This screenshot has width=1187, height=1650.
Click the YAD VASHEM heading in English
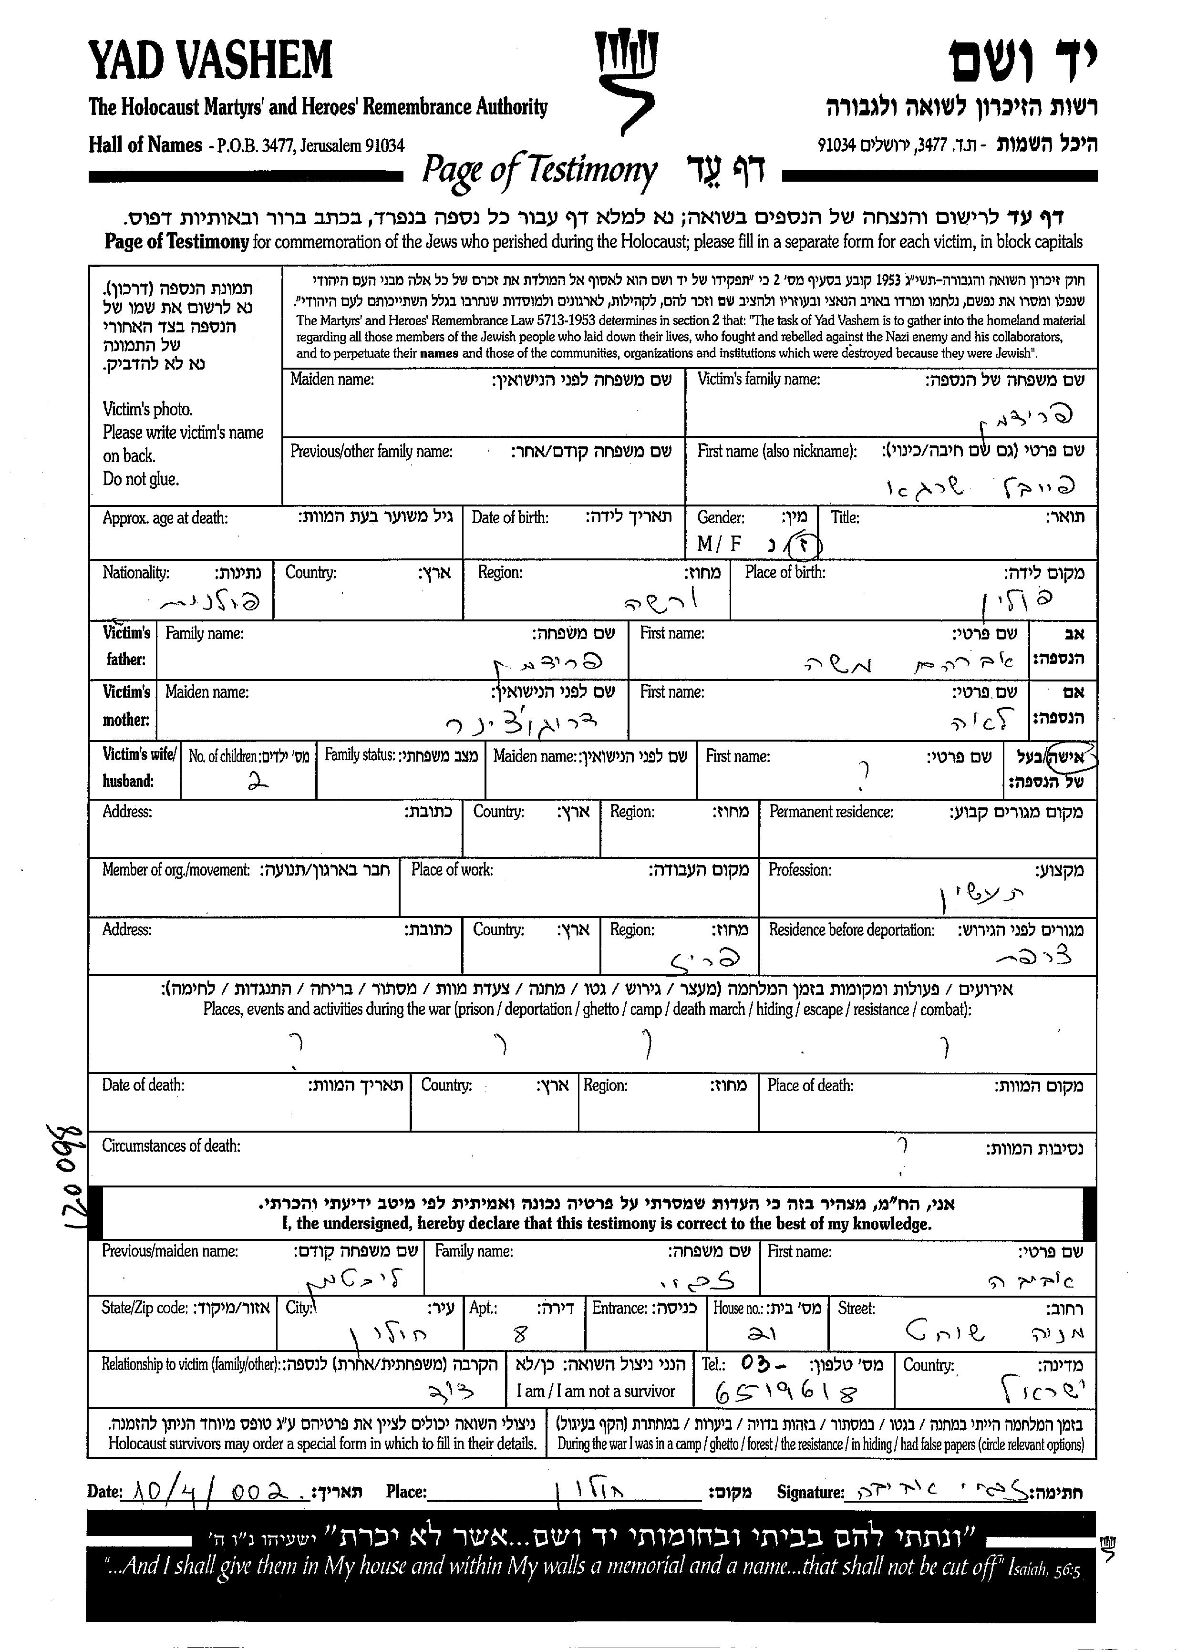tap(210, 61)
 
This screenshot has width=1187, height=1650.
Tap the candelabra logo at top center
tap(624, 80)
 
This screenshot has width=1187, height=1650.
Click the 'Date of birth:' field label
tap(510, 518)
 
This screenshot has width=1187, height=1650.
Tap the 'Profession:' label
tap(800, 870)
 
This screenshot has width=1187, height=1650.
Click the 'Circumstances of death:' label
tap(171, 1146)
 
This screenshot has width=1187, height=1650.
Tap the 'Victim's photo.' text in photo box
tap(148, 409)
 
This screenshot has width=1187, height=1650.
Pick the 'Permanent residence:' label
tap(831, 812)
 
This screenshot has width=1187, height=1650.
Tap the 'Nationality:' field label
tap(136, 573)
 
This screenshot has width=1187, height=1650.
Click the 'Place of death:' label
tap(810, 1085)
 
